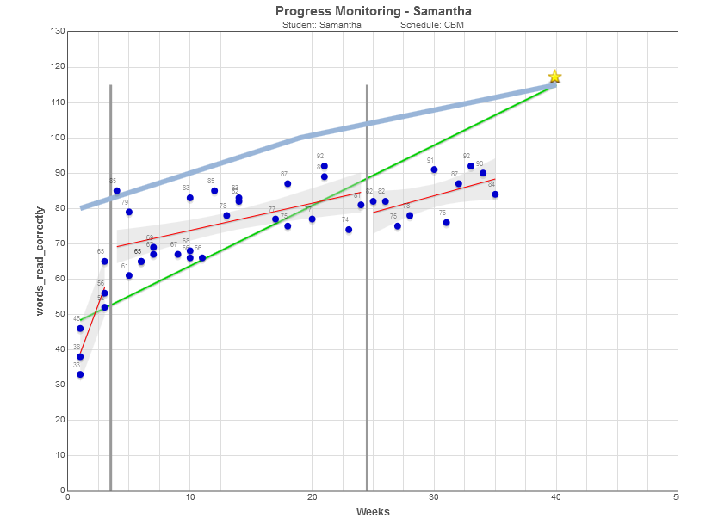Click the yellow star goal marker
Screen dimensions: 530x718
pyautogui.click(x=555, y=77)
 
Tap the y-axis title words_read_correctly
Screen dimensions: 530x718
pyautogui.click(x=40, y=261)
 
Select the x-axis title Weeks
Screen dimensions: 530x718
pyautogui.click(x=373, y=512)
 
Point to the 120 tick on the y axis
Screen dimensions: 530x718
pyautogui.click(x=58, y=67)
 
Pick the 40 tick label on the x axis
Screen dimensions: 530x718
pyautogui.click(x=555, y=497)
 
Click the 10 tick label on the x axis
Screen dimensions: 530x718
pyautogui.click(x=190, y=497)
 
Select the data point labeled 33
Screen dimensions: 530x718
pyautogui.click(x=80, y=374)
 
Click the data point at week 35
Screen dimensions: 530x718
pyautogui.click(x=495, y=194)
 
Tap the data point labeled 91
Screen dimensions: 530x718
pyautogui.click(x=434, y=169)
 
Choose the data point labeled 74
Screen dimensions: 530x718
pyautogui.click(x=349, y=230)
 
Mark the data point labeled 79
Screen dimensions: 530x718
pyautogui.click(x=129, y=212)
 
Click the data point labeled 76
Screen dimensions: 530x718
pyautogui.click(x=447, y=223)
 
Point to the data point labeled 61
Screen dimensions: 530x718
pyautogui.click(x=129, y=275)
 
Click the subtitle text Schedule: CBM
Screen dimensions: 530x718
pyautogui.click(x=432, y=25)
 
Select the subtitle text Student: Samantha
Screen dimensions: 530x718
pyautogui.click(x=322, y=25)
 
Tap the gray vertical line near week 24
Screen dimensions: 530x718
pyautogui.click(x=367, y=284)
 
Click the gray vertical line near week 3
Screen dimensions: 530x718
pyautogui.click(x=111, y=284)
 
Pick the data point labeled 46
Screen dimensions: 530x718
pyautogui.click(x=80, y=329)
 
